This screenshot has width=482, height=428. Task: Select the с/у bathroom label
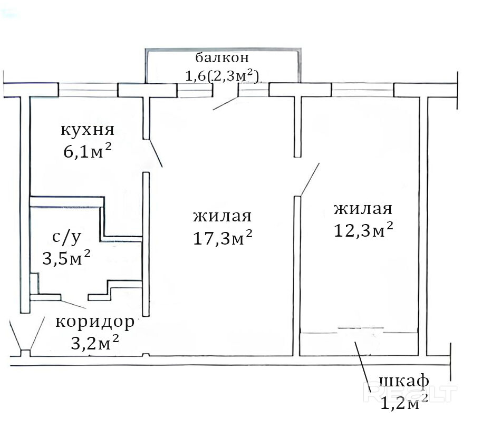[67, 237]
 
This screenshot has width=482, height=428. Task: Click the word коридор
[94, 322]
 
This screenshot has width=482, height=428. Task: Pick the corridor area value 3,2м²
[94, 343]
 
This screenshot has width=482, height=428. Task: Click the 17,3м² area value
[223, 238]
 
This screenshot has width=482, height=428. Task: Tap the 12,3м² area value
[363, 230]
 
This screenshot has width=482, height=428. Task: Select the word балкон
[221, 57]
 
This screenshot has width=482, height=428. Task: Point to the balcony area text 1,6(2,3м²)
[221, 76]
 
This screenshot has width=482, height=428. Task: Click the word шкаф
[403, 381]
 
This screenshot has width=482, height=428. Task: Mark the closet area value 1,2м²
[403, 403]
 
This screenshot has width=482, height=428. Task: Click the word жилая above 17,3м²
[223, 216]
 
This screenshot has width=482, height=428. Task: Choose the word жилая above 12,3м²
[363, 209]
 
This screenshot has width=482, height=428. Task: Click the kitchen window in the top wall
[88, 90]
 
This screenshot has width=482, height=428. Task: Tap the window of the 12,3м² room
[363, 90]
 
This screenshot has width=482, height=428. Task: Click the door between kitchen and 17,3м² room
[155, 153]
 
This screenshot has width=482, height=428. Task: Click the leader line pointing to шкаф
[362, 361]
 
